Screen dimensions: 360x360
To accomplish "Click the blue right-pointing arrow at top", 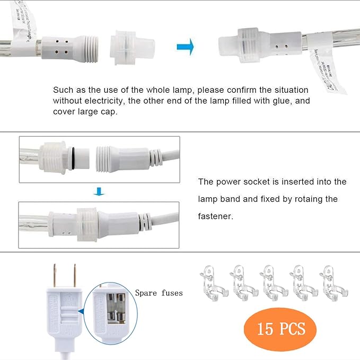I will pos(185,46).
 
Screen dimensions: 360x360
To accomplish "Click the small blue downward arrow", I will pos(96,191).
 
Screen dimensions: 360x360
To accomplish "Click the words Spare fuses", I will pos(159,293).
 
